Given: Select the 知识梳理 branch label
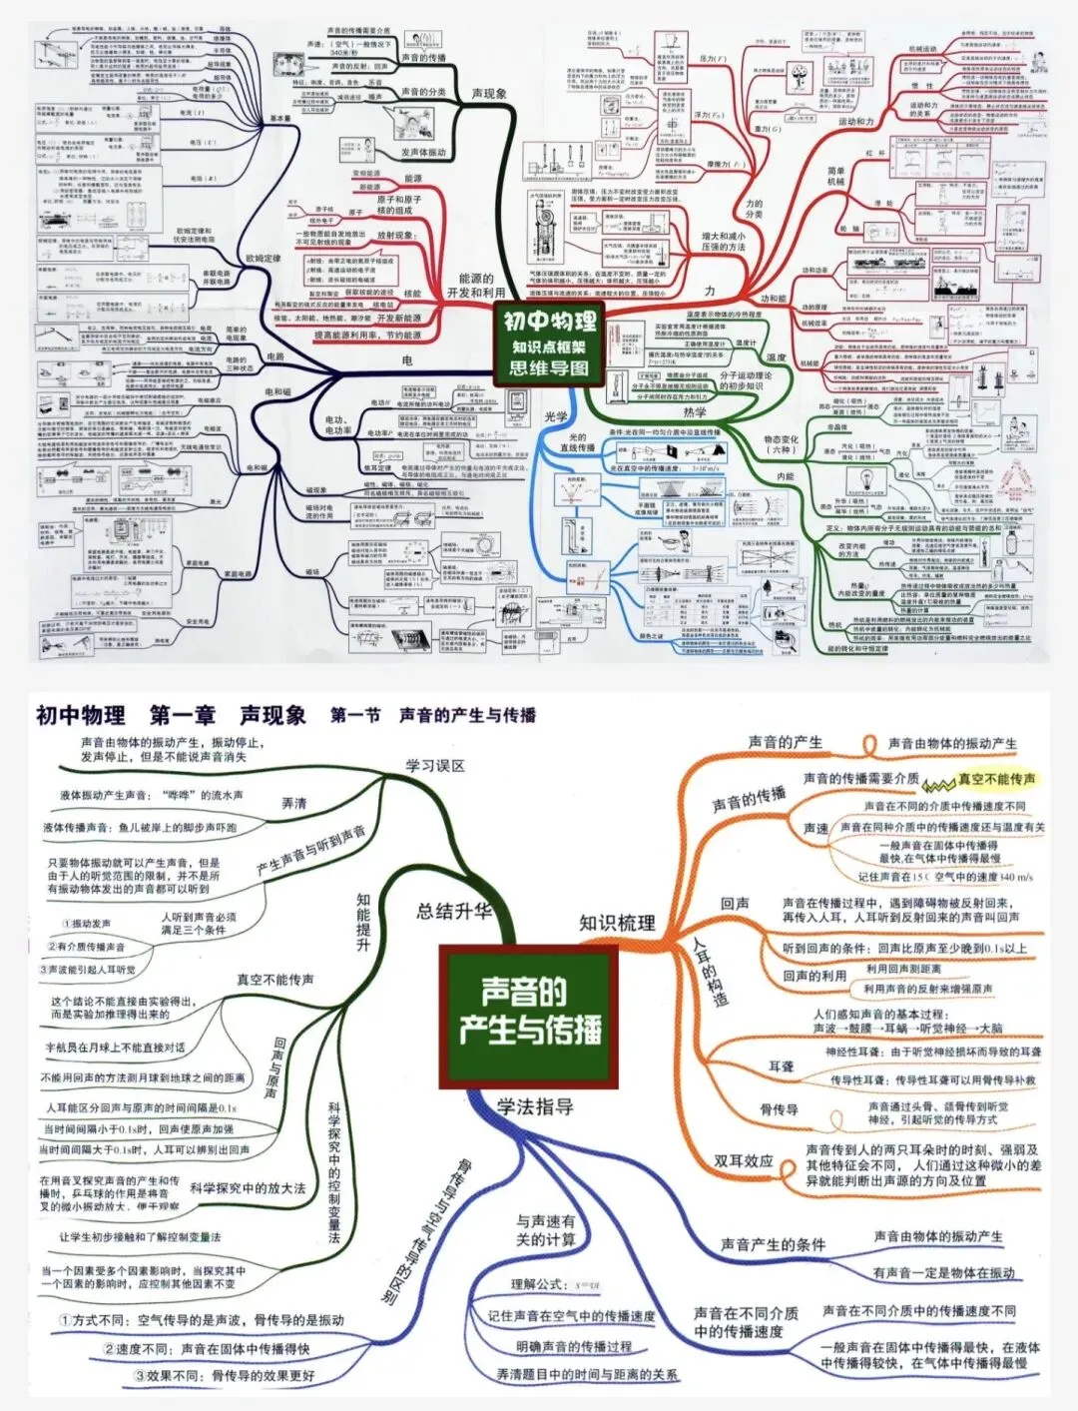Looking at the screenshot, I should point(617,923).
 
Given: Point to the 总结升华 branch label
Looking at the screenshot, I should point(454,911).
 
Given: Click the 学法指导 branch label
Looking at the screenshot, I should point(535,1105).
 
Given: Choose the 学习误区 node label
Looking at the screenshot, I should point(434,766).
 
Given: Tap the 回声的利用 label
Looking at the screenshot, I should point(814,976).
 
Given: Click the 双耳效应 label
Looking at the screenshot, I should point(743,1160).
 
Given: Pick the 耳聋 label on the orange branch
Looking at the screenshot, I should point(781,1066).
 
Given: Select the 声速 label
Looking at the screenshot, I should point(815,829).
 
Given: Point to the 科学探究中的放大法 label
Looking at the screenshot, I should point(248,1188).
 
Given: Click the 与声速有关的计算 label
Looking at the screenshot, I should point(546,1229).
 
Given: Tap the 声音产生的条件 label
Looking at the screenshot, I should point(774,1244).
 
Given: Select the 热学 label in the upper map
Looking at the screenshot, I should point(695,411).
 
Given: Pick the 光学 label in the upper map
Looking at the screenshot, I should point(556,416).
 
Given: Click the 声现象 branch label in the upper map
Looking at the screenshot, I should point(489,94).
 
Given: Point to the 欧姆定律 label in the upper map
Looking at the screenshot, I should point(264,258).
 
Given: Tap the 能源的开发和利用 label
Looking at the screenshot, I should point(476,286).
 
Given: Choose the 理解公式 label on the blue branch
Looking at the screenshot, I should point(538,1284).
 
